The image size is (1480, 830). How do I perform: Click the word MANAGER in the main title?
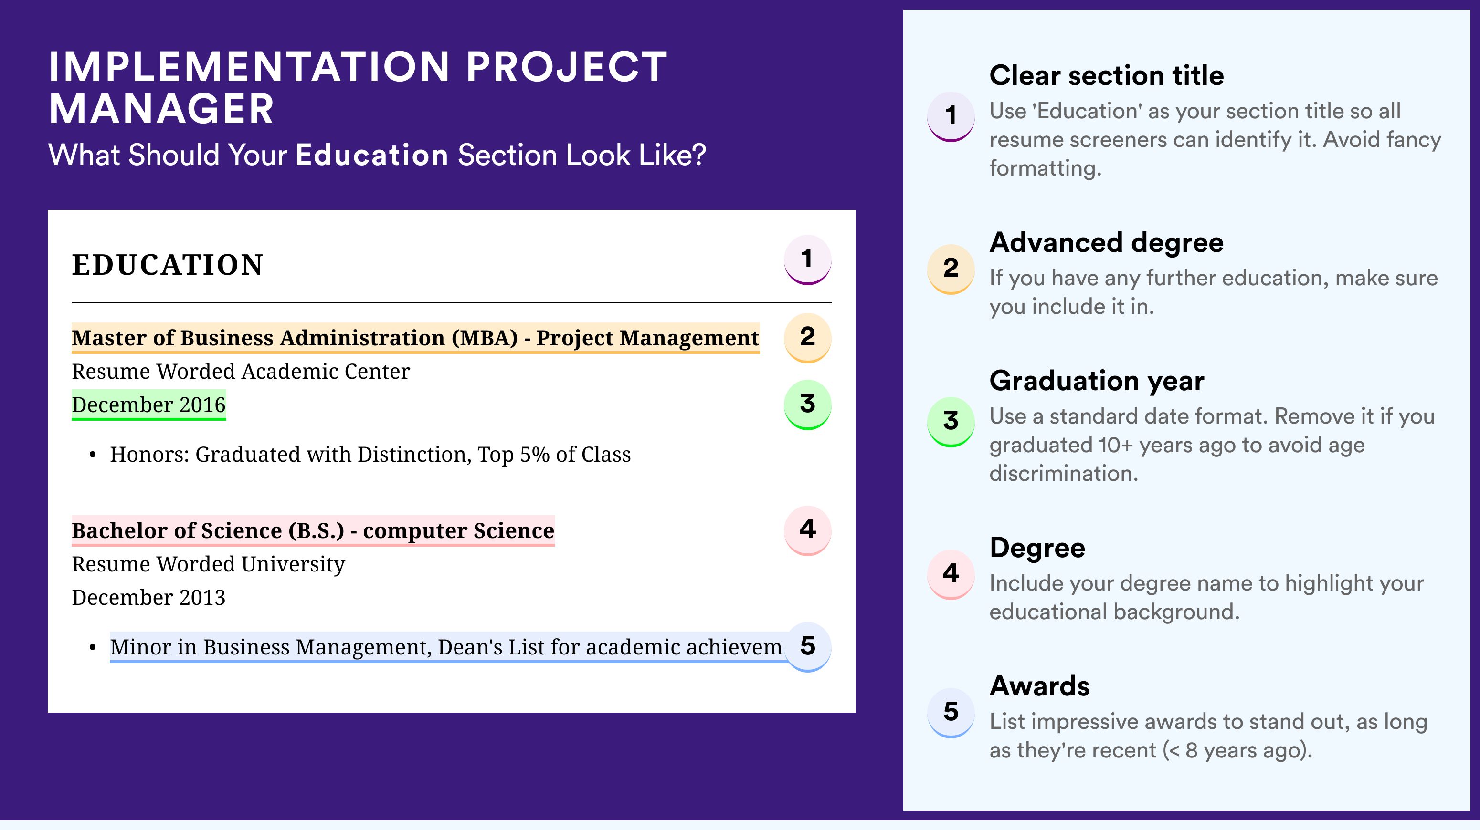161,109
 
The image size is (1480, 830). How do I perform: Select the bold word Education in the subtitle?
372,155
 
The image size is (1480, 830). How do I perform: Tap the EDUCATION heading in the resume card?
167,265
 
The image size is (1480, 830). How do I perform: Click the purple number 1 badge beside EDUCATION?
807,259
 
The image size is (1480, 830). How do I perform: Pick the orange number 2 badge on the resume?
807,338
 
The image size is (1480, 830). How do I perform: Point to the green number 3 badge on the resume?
807,405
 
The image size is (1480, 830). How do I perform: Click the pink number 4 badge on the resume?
807,530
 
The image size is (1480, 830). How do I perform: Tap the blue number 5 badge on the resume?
807,647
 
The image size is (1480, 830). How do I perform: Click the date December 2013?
149,598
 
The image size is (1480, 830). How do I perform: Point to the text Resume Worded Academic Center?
241,372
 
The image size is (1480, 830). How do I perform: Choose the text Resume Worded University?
209,564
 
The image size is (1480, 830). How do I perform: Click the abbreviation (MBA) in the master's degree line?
484,338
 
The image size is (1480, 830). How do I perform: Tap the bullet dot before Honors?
93,455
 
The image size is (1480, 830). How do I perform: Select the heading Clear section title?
1107,75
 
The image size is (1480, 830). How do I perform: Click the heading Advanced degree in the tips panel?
1107,243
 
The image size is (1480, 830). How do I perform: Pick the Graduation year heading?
1097,381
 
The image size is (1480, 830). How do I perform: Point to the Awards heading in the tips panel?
1039,686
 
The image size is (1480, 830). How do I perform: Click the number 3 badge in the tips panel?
951,422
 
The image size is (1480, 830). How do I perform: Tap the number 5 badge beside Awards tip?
951,712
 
